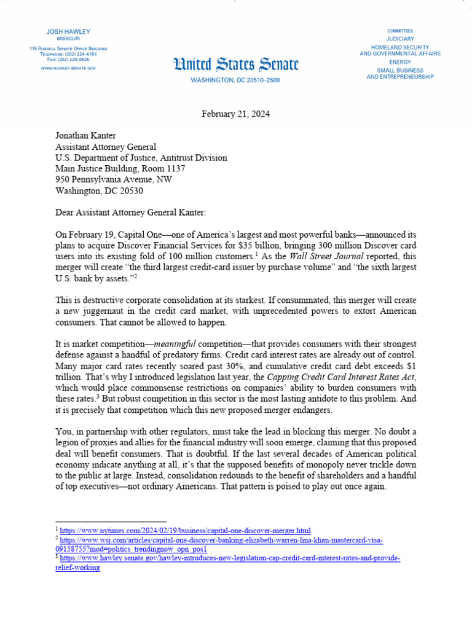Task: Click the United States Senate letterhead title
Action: [x=237, y=64]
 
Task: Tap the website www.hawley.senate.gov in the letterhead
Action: [x=68, y=68]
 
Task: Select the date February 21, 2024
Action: [x=236, y=115]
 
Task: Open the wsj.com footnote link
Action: [x=221, y=540]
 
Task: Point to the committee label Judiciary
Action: [x=400, y=39]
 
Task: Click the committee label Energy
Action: [x=400, y=62]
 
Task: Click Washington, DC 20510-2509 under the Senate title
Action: [x=235, y=80]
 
